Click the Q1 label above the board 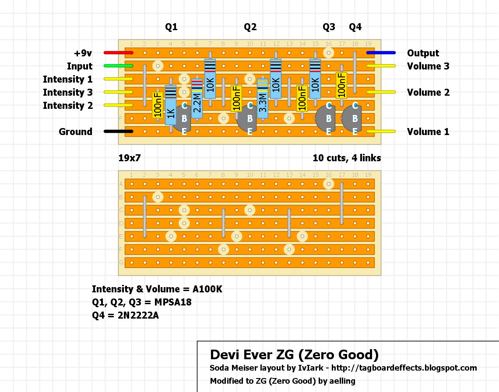pyautogui.click(x=171, y=27)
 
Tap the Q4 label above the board pyautogui.click(x=355, y=27)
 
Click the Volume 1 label pyautogui.click(x=428, y=132)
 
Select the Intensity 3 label pyautogui.click(x=68, y=92)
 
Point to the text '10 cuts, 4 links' pyautogui.click(x=347, y=158)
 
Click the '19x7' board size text pyautogui.click(x=130, y=158)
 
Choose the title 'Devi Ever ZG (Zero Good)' pyautogui.click(x=294, y=354)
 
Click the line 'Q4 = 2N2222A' pyautogui.click(x=125, y=315)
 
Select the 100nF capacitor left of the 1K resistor pyautogui.click(x=158, y=105)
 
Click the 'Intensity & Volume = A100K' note pyautogui.click(x=157, y=289)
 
